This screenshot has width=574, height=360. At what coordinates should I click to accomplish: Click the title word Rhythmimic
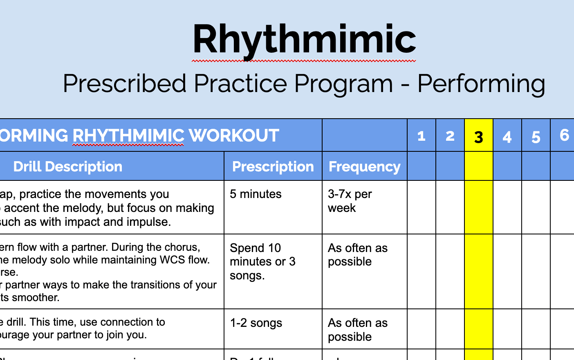304,40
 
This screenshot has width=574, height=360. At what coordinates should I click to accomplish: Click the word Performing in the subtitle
481,84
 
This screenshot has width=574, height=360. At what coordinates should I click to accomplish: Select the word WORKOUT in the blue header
234,136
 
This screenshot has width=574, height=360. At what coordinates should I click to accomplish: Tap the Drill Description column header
68,166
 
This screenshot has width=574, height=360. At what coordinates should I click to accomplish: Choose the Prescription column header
273,166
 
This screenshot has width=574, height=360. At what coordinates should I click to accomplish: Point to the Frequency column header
364,166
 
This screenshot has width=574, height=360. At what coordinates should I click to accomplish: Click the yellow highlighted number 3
479,137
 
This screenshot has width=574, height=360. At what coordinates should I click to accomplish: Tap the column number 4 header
507,137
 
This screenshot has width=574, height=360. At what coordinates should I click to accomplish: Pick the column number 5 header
536,137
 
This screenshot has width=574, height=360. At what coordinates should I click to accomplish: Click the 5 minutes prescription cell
256,194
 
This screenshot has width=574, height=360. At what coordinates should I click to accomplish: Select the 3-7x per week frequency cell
350,201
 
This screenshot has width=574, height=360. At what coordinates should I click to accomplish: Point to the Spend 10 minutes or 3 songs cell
262,261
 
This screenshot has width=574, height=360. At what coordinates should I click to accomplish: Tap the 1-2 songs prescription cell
256,323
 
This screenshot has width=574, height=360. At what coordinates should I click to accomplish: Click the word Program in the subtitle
343,84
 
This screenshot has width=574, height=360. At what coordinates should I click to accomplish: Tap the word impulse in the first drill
149,222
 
